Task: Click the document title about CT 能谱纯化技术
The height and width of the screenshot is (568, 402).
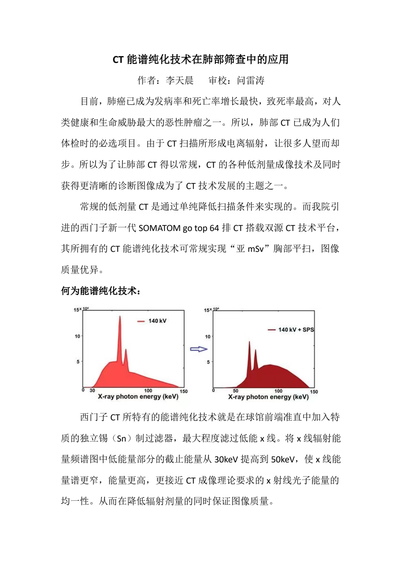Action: click(201, 60)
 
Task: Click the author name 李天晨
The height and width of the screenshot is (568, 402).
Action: click(180, 80)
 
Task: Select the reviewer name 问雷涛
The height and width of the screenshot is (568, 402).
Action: click(251, 80)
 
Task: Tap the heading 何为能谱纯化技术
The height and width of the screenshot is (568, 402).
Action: click(100, 291)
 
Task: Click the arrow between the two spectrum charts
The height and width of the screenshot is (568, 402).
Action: click(198, 349)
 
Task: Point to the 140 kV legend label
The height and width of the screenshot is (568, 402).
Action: click(157, 321)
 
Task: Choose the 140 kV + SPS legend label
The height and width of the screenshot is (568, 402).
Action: click(296, 330)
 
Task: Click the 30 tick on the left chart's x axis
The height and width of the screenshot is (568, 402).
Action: click(92, 391)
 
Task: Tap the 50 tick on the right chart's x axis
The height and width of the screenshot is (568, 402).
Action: click(236, 391)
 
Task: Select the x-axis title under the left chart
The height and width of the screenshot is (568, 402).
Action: click(138, 397)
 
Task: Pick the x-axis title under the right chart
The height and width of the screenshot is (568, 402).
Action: click(268, 397)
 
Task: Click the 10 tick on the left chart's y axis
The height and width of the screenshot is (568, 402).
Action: click(77, 336)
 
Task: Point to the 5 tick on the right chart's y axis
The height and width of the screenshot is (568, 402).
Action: click(208, 362)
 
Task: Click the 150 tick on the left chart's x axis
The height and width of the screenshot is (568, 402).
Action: click(184, 391)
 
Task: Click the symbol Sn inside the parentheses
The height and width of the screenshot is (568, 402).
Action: click(121, 439)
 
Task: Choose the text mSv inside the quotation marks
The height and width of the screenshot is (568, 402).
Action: click(256, 249)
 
